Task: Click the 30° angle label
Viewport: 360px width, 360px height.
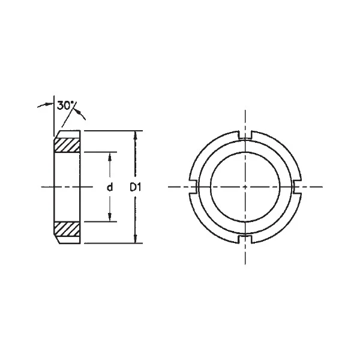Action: (x=66, y=106)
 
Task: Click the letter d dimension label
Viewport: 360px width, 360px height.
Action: (x=110, y=187)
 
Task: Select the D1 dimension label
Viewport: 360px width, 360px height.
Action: (x=136, y=187)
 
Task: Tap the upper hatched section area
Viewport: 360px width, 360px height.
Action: (x=67, y=145)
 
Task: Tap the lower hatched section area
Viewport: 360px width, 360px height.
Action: (x=67, y=229)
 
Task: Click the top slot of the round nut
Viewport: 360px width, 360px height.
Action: (x=245, y=136)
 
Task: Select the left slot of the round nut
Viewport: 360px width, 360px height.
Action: (x=194, y=187)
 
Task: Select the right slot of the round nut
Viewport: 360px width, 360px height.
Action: (x=297, y=187)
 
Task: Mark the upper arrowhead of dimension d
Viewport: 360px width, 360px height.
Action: (x=110, y=156)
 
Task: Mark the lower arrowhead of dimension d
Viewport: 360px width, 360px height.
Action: (x=110, y=218)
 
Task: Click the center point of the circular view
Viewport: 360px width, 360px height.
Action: (x=245, y=187)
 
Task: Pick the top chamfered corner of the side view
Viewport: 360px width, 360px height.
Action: (x=56, y=135)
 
